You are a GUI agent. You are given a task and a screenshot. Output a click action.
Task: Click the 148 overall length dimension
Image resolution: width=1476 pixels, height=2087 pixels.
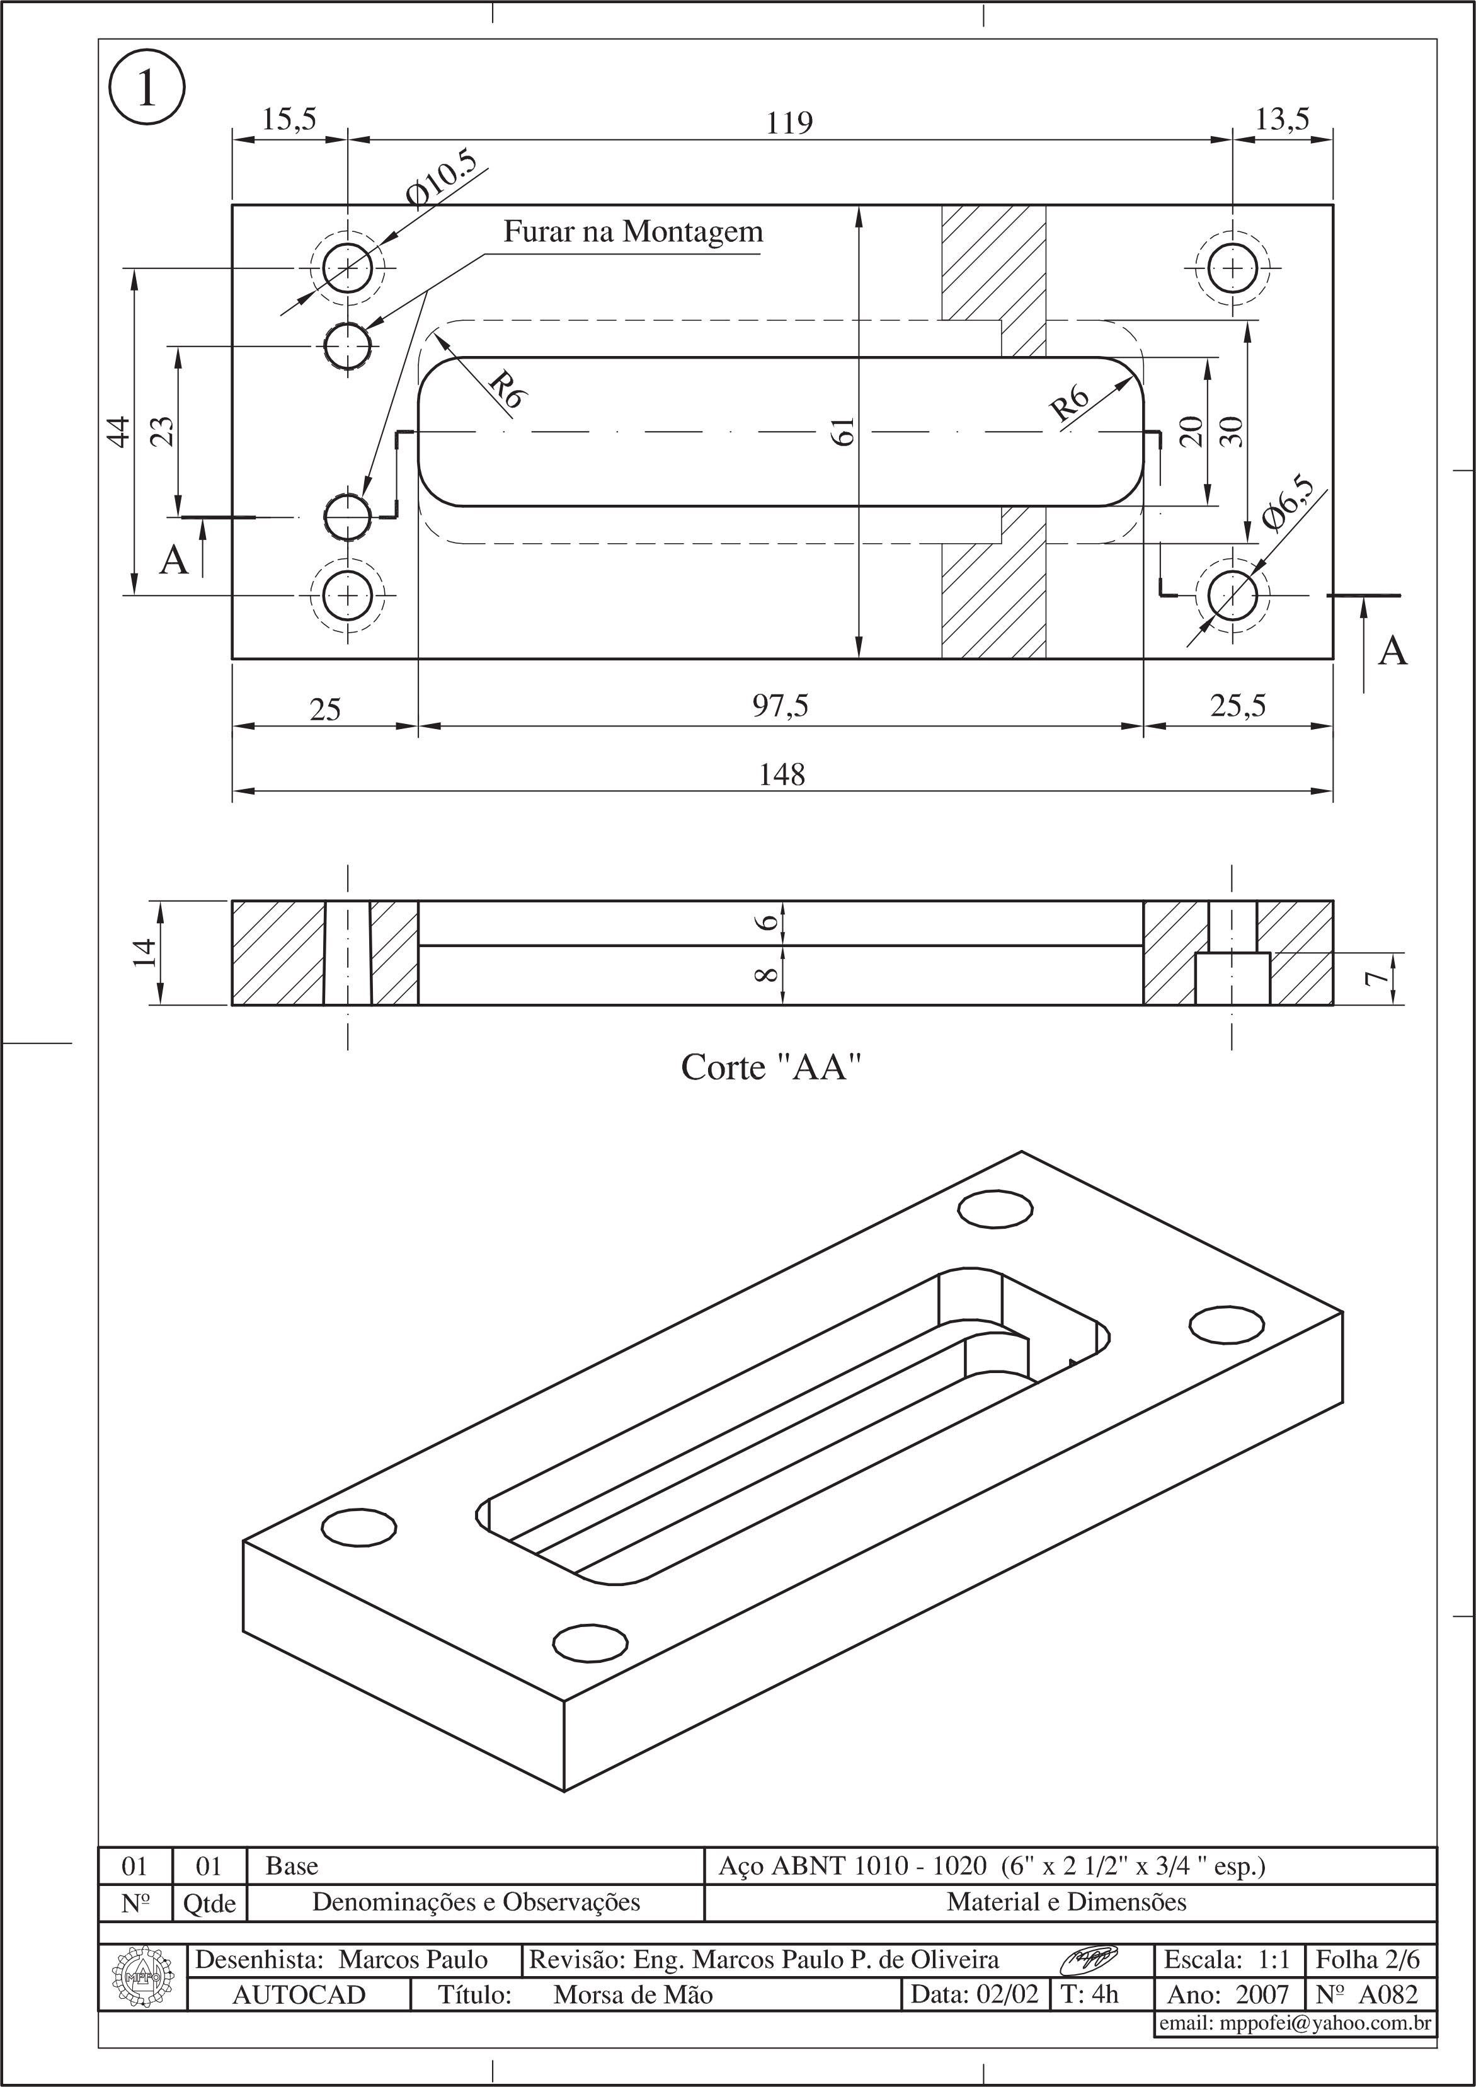782,774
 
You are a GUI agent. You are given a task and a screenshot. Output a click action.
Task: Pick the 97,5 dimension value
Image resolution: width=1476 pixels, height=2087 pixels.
780,705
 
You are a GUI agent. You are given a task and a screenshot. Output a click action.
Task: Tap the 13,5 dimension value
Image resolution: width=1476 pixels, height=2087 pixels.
1281,119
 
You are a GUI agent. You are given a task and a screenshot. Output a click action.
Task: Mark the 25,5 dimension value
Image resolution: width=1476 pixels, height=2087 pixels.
1237,705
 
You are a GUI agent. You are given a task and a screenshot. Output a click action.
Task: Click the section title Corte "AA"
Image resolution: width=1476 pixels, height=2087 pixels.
770,1067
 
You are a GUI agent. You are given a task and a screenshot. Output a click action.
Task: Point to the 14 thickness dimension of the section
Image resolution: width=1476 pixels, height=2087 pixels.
144,953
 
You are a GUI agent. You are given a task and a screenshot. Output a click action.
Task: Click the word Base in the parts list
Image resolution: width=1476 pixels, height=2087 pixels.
292,1866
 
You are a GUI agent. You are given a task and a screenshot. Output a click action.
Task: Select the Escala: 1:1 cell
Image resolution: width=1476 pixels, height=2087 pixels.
1227,1960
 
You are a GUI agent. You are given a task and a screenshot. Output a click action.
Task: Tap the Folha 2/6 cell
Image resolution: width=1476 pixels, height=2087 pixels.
1367,1960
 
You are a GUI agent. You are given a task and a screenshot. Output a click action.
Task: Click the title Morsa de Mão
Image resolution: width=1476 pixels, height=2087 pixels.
632,1995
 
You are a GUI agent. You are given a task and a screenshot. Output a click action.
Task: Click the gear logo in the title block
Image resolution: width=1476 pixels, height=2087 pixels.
142,1977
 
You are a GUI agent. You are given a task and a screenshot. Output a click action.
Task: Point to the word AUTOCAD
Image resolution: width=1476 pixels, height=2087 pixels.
299,1995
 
